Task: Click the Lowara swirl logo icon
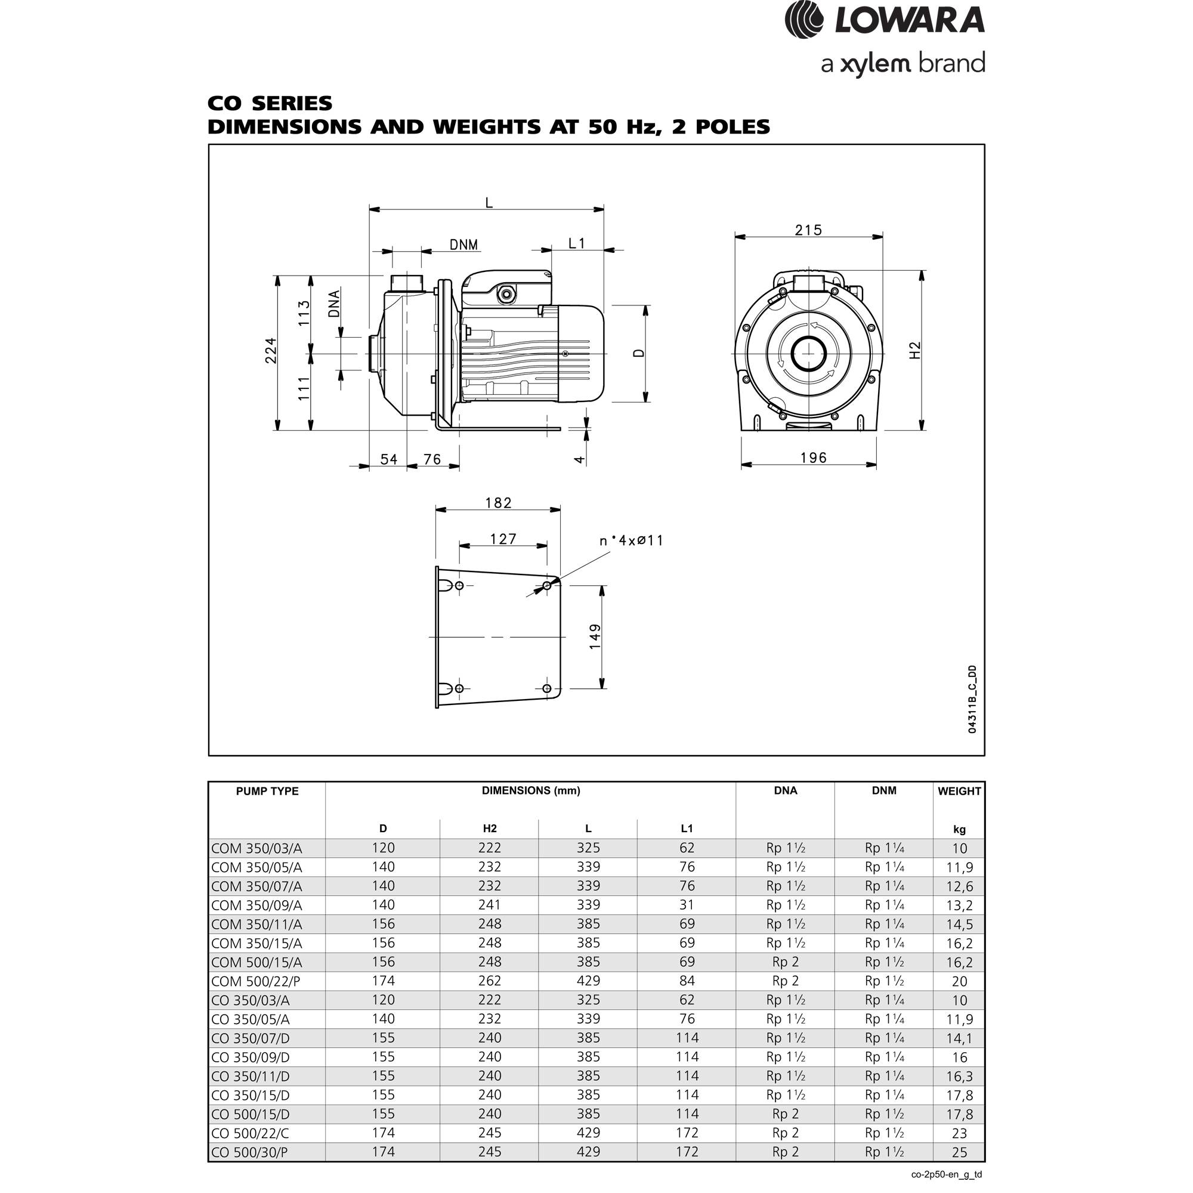point(805,20)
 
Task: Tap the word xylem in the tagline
point(876,65)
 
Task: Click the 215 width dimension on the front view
point(808,230)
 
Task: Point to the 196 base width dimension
point(813,458)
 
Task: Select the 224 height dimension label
point(270,350)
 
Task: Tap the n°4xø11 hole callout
point(631,540)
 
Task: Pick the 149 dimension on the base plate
point(595,636)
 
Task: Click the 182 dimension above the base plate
point(497,503)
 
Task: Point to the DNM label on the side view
point(463,245)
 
